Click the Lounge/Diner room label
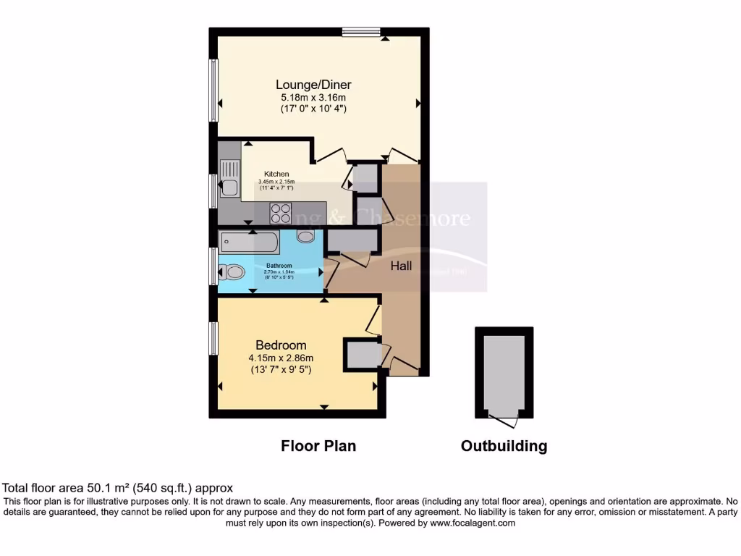point(316,85)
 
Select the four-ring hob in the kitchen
point(280,212)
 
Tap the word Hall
point(401,266)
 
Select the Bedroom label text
point(280,345)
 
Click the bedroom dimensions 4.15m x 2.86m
point(281,358)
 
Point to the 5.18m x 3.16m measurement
point(314,97)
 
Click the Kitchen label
point(276,174)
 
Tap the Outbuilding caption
point(504,446)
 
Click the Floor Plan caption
point(318,446)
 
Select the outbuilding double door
point(504,419)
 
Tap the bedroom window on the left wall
point(213,338)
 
